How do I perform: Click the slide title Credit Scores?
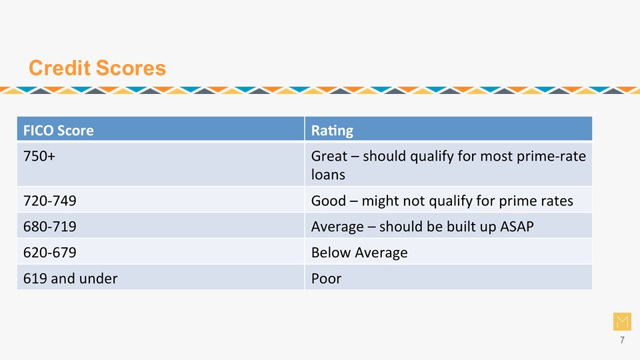click(x=97, y=68)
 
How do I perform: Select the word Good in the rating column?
click(x=329, y=201)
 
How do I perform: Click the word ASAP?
click(x=517, y=226)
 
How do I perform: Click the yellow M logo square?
click(x=622, y=321)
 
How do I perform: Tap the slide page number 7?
click(x=622, y=340)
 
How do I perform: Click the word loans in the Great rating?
click(x=328, y=174)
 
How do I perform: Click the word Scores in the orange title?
click(x=131, y=68)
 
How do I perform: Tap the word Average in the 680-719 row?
click(x=337, y=227)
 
